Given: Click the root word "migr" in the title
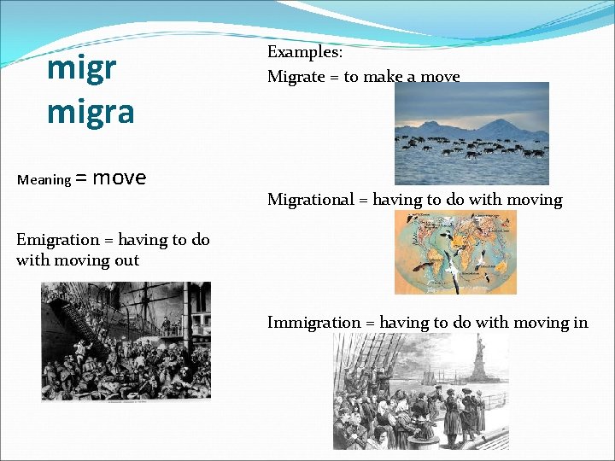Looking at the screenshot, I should click(x=83, y=69).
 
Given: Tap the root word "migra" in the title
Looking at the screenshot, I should click(x=91, y=112).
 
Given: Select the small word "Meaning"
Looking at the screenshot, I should click(x=44, y=179).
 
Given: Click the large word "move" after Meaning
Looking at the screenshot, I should click(x=119, y=178).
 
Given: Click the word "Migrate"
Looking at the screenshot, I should click(x=295, y=77).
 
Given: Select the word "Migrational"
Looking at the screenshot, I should click(x=310, y=200).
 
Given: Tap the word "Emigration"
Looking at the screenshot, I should click(x=53, y=240).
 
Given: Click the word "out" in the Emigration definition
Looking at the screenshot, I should click(x=126, y=260).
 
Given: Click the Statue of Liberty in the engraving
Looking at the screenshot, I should click(x=480, y=359).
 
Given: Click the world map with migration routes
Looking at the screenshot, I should click(x=455, y=253).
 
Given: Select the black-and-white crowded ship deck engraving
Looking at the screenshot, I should click(x=126, y=341).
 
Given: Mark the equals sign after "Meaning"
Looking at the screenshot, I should click(x=81, y=179).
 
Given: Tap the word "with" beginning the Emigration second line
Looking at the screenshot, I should click(x=32, y=260).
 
